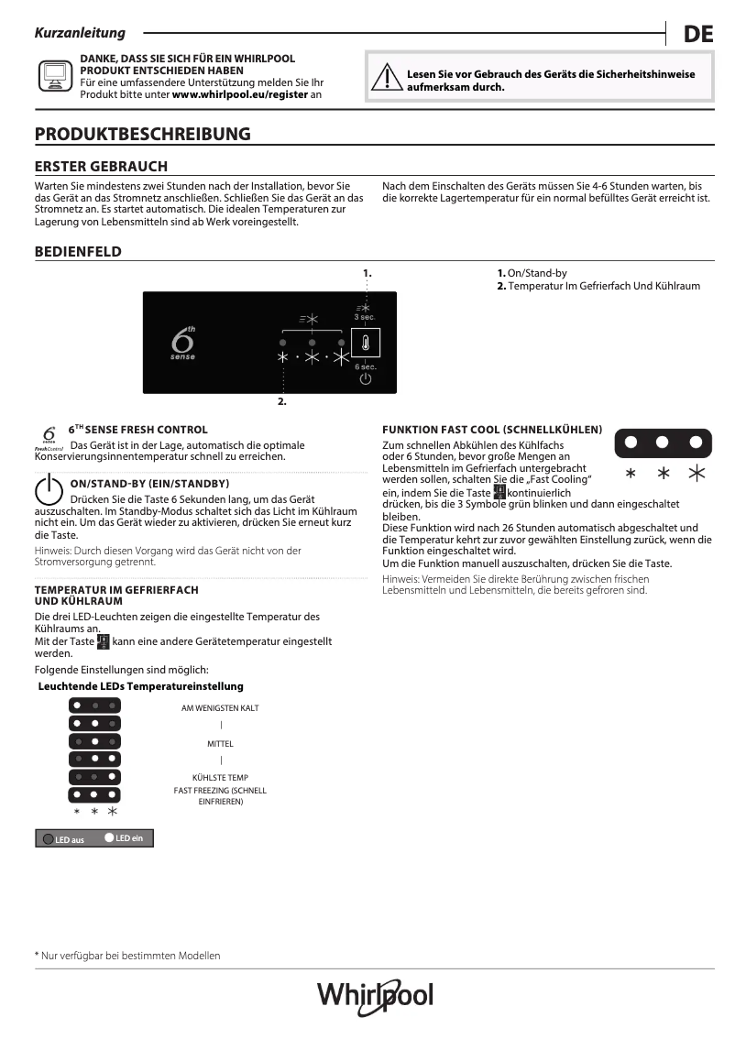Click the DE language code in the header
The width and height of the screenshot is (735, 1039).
(x=698, y=35)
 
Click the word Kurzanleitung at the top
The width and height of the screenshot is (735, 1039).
(x=80, y=33)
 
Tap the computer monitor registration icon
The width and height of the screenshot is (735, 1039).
(x=53, y=75)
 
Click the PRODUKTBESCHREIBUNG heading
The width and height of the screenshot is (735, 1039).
(x=142, y=135)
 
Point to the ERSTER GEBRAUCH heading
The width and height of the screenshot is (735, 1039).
(x=101, y=167)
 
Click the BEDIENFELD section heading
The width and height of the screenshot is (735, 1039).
(x=78, y=252)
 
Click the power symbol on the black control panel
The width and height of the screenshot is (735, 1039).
(x=365, y=378)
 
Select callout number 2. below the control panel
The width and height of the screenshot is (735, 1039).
(x=282, y=401)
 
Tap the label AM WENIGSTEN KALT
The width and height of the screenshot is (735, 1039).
(x=220, y=708)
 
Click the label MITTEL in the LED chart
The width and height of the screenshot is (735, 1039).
(x=220, y=743)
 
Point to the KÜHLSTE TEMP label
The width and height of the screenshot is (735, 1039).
(x=220, y=778)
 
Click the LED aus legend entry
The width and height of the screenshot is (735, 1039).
(x=62, y=839)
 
